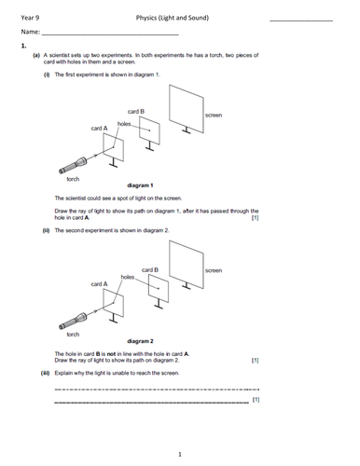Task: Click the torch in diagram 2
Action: pyautogui.click(x=75, y=322)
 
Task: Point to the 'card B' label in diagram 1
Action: pyautogui.click(x=136, y=111)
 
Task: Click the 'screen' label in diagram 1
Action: pyautogui.click(x=213, y=115)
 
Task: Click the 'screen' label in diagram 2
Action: pyautogui.click(x=213, y=270)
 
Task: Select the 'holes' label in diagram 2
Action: pyautogui.click(x=128, y=277)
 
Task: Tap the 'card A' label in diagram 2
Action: pyautogui.click(x=99, y=283)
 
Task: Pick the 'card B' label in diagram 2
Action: pyautogui.click(x=150, y=269)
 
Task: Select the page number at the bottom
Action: pyautogui.click(x=179, y=453)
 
